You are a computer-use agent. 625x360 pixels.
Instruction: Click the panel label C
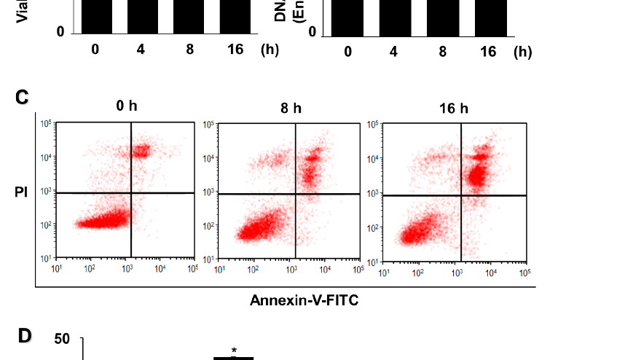pyautogui.click(x=22, y=98)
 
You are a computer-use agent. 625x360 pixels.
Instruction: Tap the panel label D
pyautogui.click(x=25, y=336)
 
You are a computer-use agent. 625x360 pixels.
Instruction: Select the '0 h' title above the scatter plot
pyautogui.click(x=126, y=106)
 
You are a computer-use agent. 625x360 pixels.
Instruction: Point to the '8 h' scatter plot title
pyautogui.click(x=291, y=108)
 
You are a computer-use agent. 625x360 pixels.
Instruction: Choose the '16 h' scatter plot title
pyautogui.click(x=454, y=108)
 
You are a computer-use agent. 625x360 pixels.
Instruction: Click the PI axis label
pyautogui.click(x=21, y=193)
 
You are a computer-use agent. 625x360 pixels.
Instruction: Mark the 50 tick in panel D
pyautogui.click(x=62, y=340)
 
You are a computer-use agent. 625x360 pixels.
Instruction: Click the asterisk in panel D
pyautogui.click(x=234, y=351)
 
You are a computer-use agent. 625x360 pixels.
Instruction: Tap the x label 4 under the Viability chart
pyautogui.click(x=140, y=50)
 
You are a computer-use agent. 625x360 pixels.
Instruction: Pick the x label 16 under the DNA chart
pyautogui.click(x=488, y=51)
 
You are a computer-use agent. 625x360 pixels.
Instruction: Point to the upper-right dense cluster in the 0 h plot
pyautogui.click(x=139, y=152)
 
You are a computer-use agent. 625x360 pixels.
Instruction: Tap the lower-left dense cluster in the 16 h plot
pyautogui.click(x=419, y=235)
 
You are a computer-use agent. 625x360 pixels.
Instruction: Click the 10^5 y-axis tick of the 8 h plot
pyautogui.click(x=209, y=125)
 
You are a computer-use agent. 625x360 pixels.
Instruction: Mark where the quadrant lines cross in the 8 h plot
pyautogui.click(x=295, y=194)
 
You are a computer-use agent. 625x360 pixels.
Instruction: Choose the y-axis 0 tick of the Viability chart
pyautogui.click(x=61, y=32)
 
